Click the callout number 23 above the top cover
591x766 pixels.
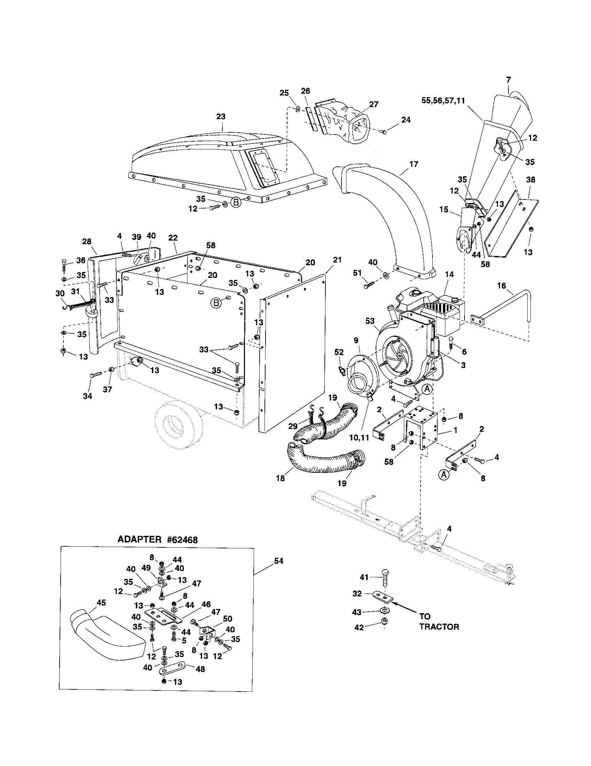(221, 116)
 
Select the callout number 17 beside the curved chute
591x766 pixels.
(414, 164)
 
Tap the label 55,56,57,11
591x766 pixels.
(443, 101)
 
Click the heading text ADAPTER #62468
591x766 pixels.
(158, 539)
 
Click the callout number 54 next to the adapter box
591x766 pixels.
(278, 561)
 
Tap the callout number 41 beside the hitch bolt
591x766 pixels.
(364, 577)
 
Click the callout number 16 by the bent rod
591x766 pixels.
(501, 286)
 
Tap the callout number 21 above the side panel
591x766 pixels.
(337, 260)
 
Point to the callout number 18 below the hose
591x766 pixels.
(280, 478)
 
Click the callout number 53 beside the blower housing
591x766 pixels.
(370, 321)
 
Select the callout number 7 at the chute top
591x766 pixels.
(508, 80)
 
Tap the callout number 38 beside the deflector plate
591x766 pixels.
(531, 180)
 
